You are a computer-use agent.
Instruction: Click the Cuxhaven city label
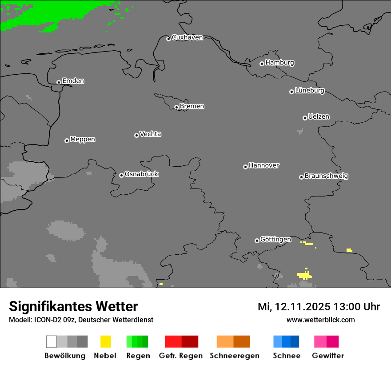pos(187,37)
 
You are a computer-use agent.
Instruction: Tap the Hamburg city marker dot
pos(262,64)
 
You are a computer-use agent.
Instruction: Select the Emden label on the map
pos(73,81)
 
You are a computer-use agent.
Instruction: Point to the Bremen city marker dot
pos(176,107)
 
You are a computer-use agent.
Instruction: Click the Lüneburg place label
pos(309,91)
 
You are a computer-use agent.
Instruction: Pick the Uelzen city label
pos(319,117)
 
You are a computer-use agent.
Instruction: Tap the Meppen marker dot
pos(67,140)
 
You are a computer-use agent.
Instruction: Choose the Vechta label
pos(150,134)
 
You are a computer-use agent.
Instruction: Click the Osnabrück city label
pos(141,174)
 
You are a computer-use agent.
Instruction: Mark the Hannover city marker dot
pos(245,167)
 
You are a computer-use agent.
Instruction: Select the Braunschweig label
pos(326,176)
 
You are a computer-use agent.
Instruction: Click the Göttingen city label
pos(275,240)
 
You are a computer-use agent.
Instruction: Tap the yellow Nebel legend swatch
pos(105,341)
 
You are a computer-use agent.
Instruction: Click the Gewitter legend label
pos(327,356)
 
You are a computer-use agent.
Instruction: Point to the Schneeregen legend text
pos(234,356)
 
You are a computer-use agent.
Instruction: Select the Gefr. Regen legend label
pos(180,356)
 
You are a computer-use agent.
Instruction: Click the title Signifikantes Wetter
pos(73,306)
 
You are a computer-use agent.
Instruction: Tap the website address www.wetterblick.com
pos(320,320)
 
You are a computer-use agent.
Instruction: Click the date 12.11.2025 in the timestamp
pos(302,307)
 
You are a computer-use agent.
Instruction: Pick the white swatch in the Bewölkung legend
pos(51,341)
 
